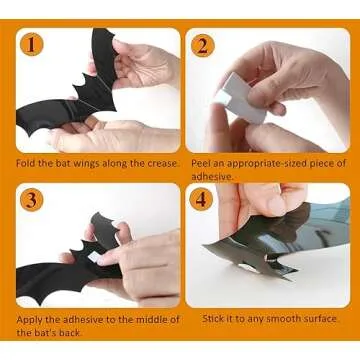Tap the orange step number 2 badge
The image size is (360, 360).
(x=201, y=45)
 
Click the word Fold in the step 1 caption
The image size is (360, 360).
(x=27, y=163)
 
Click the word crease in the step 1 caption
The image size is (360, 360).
(x=159, y=163)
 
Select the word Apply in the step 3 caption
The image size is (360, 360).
(x=29, y=319)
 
